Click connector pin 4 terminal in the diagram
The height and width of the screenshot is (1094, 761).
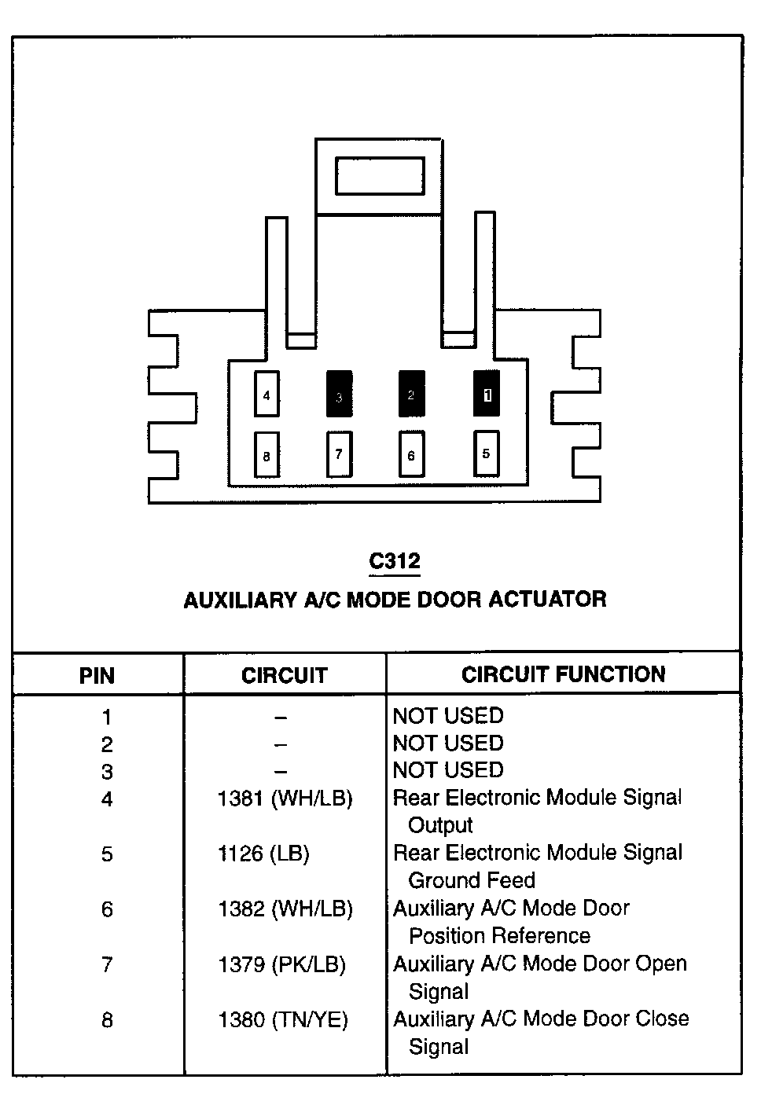click(267, 395)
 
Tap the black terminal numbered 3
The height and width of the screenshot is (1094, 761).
click(339, 395)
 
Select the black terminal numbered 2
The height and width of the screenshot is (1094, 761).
click(411, 394)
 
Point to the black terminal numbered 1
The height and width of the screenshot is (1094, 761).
click(486, 394)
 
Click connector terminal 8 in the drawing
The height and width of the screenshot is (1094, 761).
click(267, 455)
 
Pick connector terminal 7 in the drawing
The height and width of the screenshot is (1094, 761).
click(339, 454)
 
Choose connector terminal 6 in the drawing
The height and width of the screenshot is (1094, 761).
click(411, 454)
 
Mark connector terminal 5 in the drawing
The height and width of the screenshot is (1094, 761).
click(486, 453)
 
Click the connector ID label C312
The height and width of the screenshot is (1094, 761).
click(395, 561)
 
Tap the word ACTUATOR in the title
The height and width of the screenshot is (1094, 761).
click(547, 599)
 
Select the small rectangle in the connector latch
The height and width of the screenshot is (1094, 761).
click(380, 175)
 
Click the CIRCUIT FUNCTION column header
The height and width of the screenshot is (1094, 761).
click(563, 674)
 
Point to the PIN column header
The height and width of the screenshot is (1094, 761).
click(97, 676)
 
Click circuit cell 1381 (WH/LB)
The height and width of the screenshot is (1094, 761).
click(285, 799)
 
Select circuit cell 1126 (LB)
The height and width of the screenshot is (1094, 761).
click(263, 854)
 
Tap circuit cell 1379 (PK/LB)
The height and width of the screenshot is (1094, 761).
click(281, 964)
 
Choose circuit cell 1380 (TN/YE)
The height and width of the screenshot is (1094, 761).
click(282, 1020)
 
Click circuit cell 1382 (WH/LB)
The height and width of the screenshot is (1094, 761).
click(285, 909)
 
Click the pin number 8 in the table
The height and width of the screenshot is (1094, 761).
click(107, 1021)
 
